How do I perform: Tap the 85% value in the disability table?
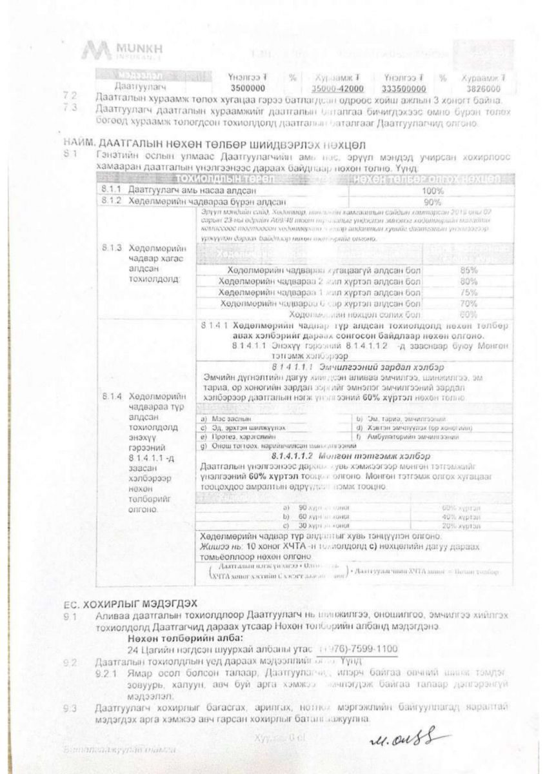(x=469, y=270)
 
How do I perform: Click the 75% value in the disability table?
(x=469, y=292)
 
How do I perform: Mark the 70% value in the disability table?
(x=469, y=303)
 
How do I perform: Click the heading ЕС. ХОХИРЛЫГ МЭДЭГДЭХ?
(x=130, y=604)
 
